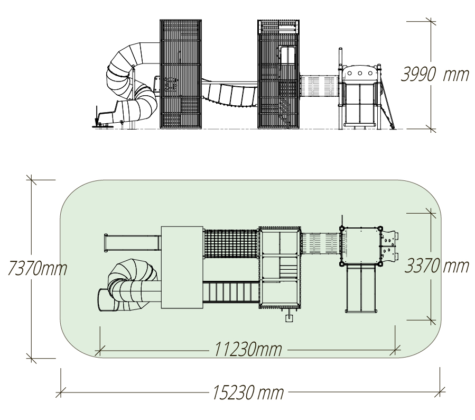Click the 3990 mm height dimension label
435,74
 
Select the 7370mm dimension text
37,268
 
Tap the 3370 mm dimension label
436,266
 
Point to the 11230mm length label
248,349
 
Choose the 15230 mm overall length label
248,392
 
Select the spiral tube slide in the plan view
129,285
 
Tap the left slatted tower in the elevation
181,74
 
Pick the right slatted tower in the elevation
278,74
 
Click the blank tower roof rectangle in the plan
182,267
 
